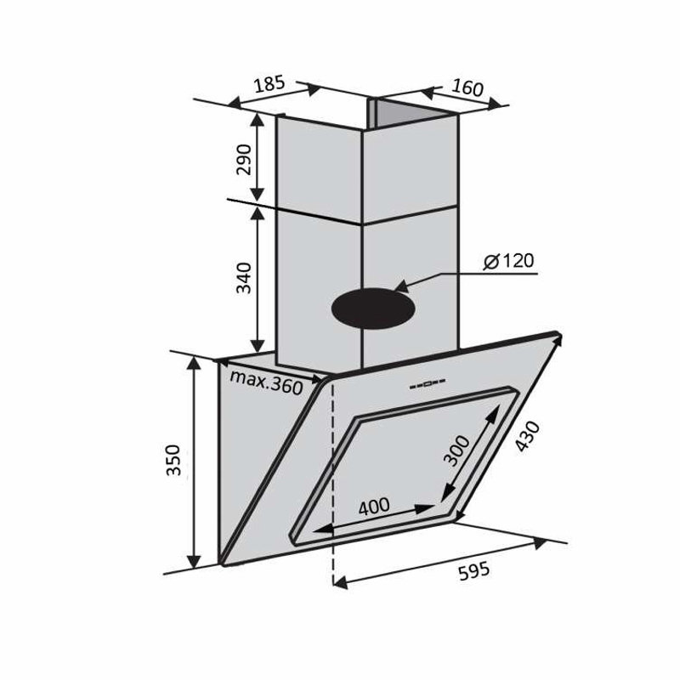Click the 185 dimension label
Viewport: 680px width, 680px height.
269,83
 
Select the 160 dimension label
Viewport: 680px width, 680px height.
467,88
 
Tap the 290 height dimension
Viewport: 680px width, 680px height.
244,159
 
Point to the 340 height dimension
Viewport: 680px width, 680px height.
244,278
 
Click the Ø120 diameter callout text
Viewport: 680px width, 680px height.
508,261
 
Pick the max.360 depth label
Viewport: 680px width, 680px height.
266,382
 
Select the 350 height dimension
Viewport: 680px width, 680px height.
173,460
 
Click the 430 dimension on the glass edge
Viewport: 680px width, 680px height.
528,436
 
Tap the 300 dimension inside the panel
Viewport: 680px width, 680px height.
457,451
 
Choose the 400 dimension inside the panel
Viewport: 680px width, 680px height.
374,506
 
